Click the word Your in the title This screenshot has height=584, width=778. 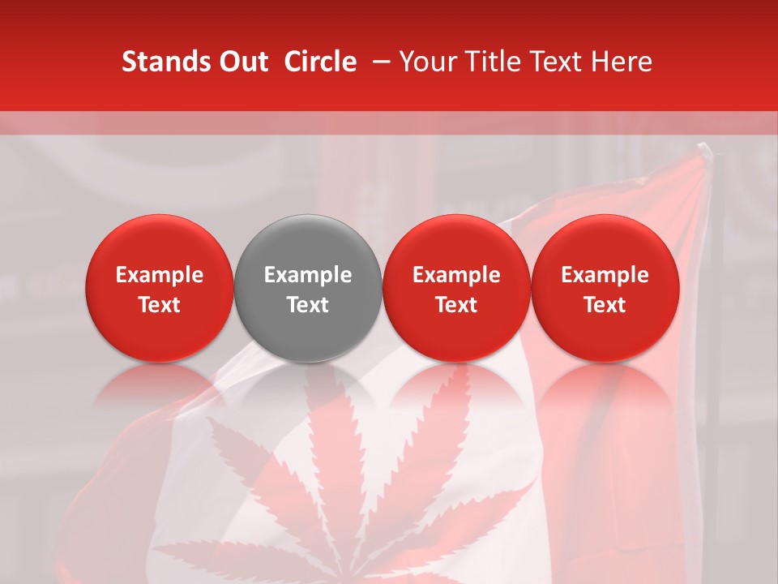pos(427,62)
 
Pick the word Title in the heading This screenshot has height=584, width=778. pos(489,62)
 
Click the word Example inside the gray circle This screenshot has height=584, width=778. pos(308,275)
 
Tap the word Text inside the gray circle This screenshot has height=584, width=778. pos(308,305)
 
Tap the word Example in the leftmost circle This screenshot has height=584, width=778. pos(160,275)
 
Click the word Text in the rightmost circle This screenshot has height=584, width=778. pos(605,305)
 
